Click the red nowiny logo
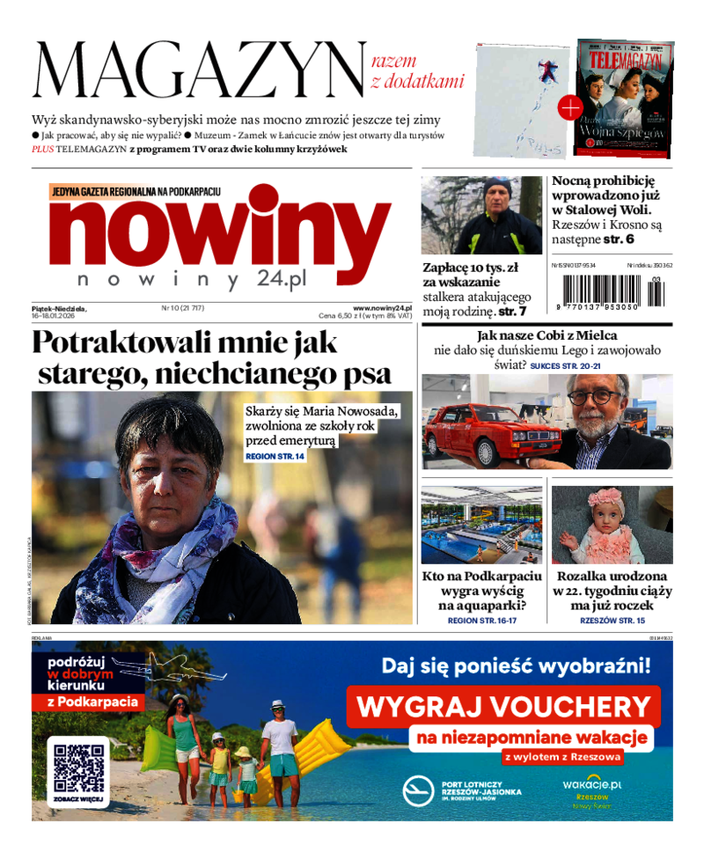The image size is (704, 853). pos(220,231)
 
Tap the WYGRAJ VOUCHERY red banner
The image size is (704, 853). pos(502,706)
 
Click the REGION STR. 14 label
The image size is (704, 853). pos(275,457)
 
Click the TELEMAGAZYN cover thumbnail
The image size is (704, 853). pos(623,97)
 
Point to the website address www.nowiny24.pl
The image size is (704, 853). pos(382,307)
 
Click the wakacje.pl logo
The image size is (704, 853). pos(591,783)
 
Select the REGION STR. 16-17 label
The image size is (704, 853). pos(481,621)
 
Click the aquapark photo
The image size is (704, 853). pos(480,525)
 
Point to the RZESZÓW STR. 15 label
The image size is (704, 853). pos(612,621)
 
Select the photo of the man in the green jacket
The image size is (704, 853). pos(480,216)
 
